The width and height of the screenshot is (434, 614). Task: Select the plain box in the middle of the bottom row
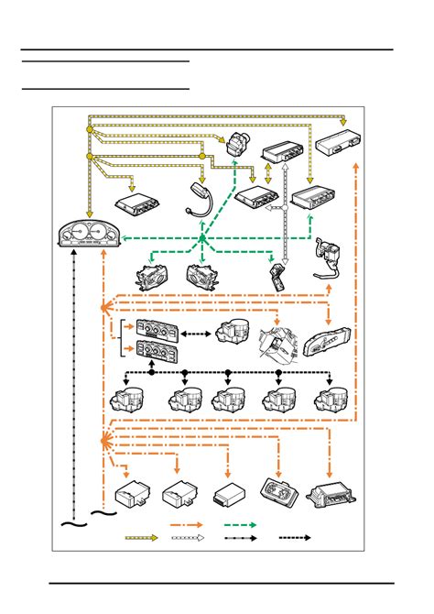227,495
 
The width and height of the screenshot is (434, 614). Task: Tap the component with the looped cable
327,257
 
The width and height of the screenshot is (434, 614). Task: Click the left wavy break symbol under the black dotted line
72,524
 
